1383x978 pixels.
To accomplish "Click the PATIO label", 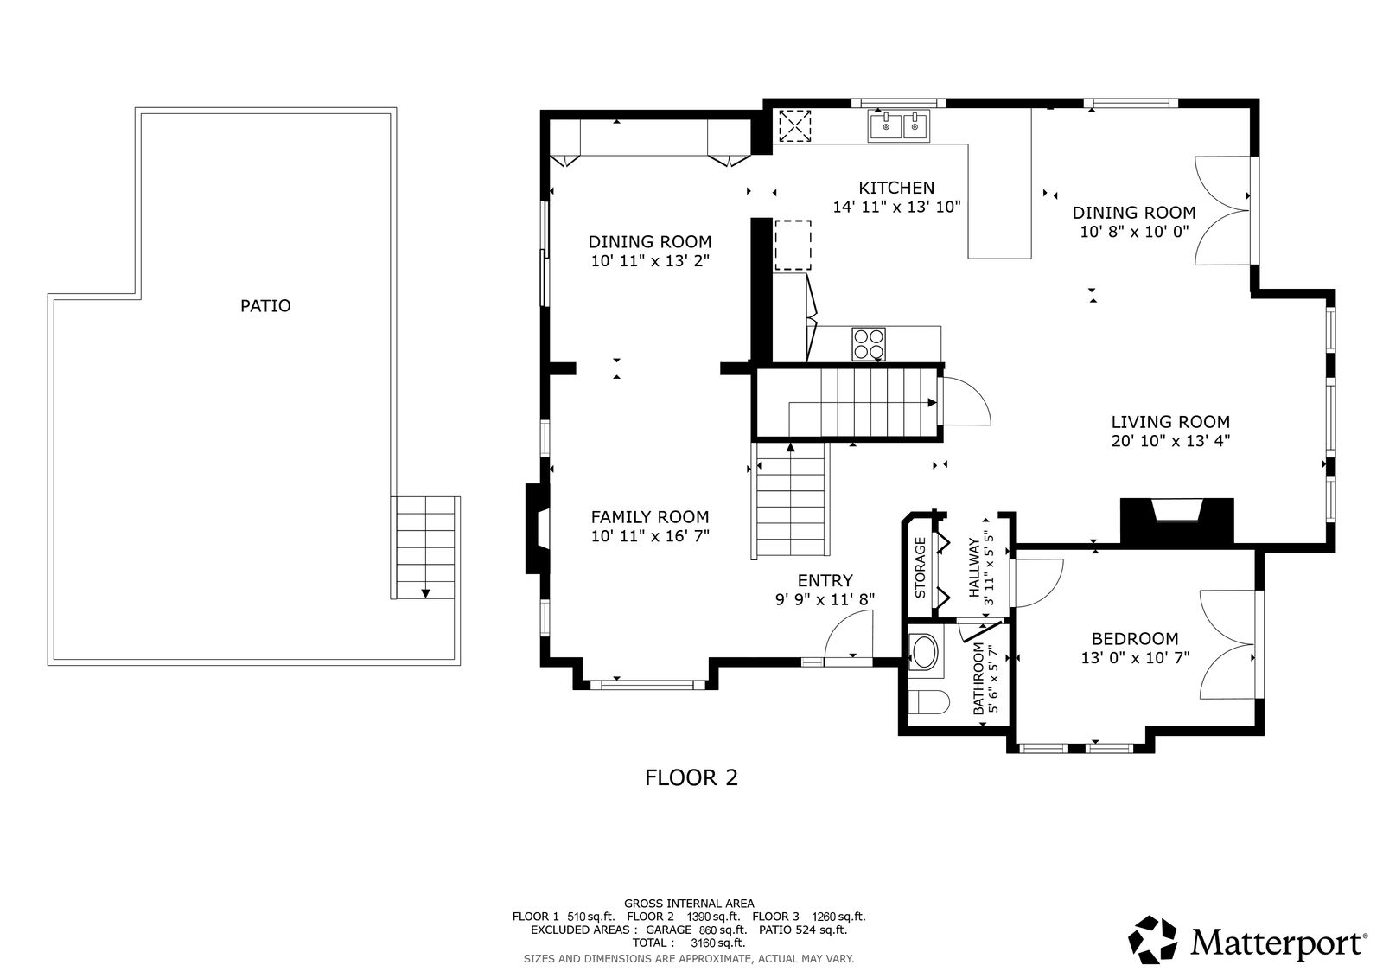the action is [x=265, y=306].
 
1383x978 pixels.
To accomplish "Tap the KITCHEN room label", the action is [x=896, y=188].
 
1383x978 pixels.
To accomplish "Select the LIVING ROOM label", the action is [x=1170, y=422].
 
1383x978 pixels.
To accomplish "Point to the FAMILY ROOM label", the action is [x=650, y=517].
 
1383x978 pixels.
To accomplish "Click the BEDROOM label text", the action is [x=1135, y=639].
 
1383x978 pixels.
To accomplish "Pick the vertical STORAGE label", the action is [x=920, y=568].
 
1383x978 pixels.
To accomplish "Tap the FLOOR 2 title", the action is [x=691, y=778].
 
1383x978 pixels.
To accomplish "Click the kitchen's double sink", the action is [x=898, y=126].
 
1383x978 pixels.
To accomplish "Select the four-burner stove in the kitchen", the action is [x=869, y=344].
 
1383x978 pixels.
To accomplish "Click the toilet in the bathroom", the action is [x=928, y=702].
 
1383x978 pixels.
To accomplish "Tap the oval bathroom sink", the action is [x=924, y=652].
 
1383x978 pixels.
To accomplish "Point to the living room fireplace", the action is [x=1176, y=521].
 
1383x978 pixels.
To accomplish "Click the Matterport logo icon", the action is [x=1153, y=940].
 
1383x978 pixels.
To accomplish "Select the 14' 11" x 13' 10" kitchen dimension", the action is [x=896, y=207].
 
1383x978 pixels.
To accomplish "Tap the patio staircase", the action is [x=425, y=547].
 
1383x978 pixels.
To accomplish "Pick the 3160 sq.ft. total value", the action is [x=718, y=943].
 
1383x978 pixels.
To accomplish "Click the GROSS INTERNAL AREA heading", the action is [x=689, y=904].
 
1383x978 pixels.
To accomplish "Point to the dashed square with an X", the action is [x=794, y=126].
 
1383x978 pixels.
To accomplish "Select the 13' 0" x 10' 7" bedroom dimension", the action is [x=1135, y=658].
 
